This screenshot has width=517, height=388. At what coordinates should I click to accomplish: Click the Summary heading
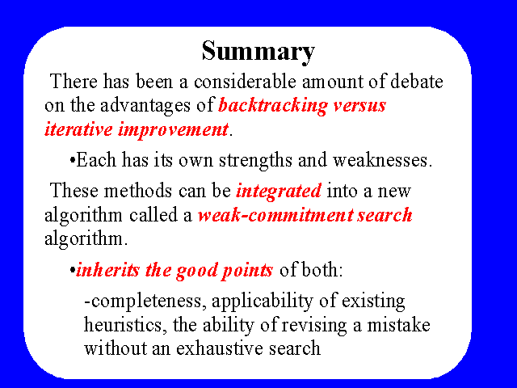(258, 52)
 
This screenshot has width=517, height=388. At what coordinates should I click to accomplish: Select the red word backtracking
(273, 106)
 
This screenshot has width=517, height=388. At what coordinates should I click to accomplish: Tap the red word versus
(359, 107)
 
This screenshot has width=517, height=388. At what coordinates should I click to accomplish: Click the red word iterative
(78, 129)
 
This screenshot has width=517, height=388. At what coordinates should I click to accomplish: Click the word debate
(417, 82)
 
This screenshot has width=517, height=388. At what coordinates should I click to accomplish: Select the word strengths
(255, 161)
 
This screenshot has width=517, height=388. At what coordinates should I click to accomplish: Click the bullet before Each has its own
(73, 162)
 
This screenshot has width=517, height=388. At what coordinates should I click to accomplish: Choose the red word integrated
(279, 192)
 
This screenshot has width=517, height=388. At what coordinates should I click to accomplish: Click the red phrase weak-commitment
(275, 215)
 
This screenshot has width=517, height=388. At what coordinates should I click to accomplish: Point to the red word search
(385, 215)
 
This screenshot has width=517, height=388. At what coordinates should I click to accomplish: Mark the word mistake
(398, 325)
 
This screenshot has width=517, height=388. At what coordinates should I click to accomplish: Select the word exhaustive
(220, 348)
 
